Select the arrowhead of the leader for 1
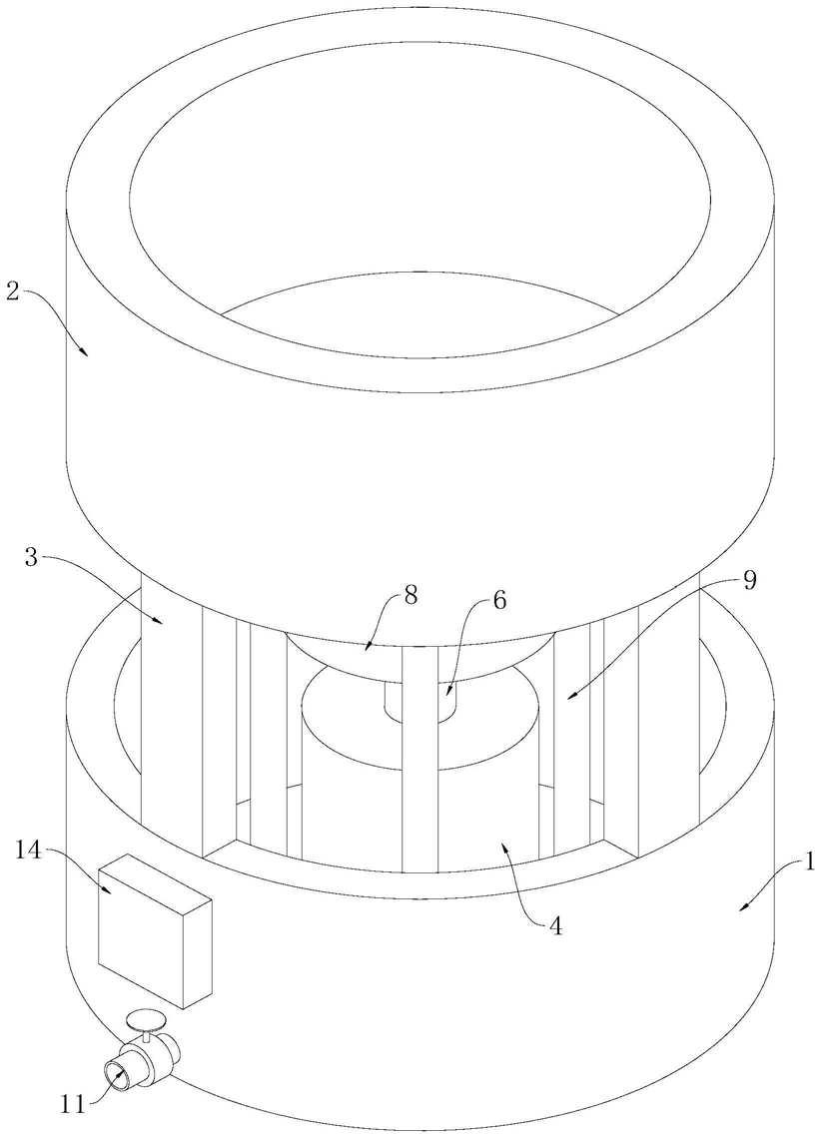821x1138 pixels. (x=741, y=906)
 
